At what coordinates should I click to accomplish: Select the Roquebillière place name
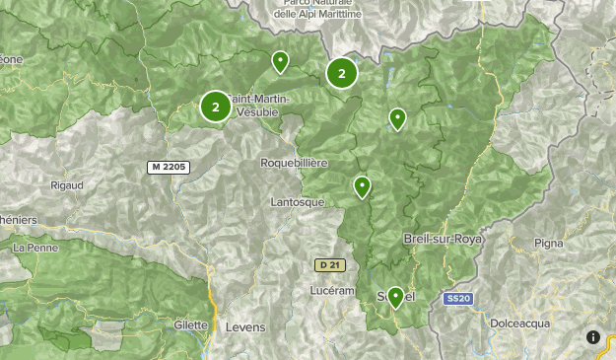[x=294, y=162]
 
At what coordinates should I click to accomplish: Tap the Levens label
[x=245, y=326]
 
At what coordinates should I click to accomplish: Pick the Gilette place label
[x=190, y=324]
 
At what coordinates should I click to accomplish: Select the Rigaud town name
[x=65, y=184]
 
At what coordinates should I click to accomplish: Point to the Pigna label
[x=548, y=243]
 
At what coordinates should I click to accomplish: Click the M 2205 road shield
[x=168, y=167]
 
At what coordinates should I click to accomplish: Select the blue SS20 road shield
[x=455, y=298]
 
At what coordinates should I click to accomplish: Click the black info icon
[x=593, y=337]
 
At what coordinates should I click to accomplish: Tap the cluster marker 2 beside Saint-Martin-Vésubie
[x=215, y=107]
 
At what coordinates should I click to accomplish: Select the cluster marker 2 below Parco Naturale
[x=341, y=73]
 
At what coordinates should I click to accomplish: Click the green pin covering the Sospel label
[x=395, y=296]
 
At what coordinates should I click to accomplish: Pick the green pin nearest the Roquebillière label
[x=362, y=185]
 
